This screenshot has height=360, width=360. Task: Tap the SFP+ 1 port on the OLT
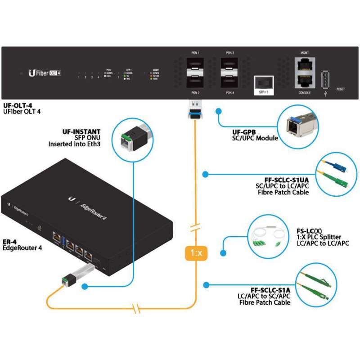(263, 83)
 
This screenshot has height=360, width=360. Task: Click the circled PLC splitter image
(265, 237)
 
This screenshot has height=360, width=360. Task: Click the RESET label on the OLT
(341, 90)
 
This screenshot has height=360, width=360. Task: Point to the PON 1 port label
(195, 53)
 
